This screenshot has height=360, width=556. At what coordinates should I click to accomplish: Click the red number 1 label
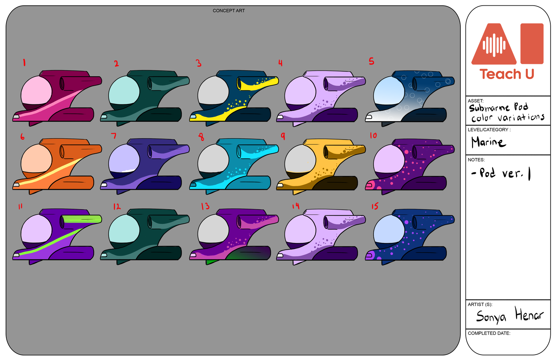click(x=24, y=62)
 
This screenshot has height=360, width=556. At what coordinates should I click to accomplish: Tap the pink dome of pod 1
click(x=36, y=90)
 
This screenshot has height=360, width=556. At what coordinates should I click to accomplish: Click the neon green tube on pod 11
click(x=82, y=219)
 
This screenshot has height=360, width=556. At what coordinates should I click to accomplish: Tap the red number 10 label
click(x=373, y=135)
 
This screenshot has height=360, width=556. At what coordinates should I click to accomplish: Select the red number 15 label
click(x=375, y=206)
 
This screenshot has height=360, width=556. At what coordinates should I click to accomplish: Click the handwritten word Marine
click(x=488, y=142)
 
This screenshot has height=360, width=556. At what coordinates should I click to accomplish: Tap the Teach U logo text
click(x=507, y=74)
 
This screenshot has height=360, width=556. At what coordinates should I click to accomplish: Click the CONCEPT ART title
click(x=229, y=11)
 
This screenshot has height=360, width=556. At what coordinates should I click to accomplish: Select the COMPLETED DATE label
click(x=489, y=333)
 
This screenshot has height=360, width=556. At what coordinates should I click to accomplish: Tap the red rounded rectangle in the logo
click(x=532, y=43)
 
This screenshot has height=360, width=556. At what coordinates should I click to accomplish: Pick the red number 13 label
click(x=205, y=206)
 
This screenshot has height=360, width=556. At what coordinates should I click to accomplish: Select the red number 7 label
click(x=114, y=135)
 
